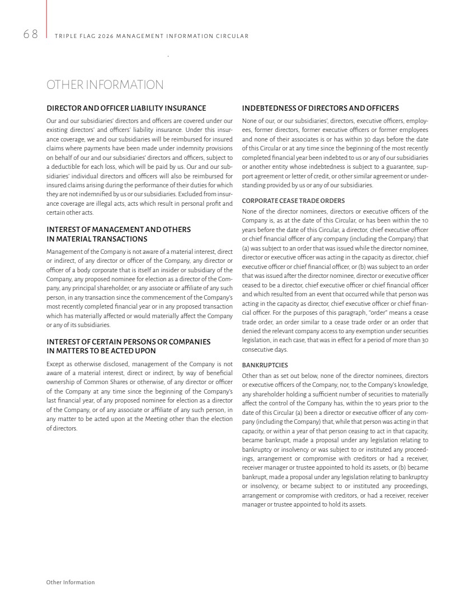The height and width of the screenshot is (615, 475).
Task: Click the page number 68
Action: [x=31, y=35]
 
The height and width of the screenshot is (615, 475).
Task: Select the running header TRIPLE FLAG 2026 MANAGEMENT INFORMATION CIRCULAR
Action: [x=152, y=36]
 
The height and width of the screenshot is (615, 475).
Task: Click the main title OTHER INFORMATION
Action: [x=105, y=85]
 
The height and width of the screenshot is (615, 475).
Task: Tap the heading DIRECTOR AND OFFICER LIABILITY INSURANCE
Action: [x=126, y=108]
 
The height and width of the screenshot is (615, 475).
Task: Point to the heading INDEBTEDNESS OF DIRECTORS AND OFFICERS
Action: [x=320, y=108]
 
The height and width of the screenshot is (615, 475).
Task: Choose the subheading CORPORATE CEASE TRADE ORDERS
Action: [x=293, y=201]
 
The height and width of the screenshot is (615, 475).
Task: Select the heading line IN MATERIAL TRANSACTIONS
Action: [x=97, y=239]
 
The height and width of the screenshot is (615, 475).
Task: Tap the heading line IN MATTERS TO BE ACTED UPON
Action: [x=101, y=351]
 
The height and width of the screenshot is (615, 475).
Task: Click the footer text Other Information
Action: [x=70, y=582]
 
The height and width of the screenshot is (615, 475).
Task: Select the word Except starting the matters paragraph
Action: [x=55, y=363]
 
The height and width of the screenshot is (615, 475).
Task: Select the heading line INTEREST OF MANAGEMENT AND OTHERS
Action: [x=118, y=230]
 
